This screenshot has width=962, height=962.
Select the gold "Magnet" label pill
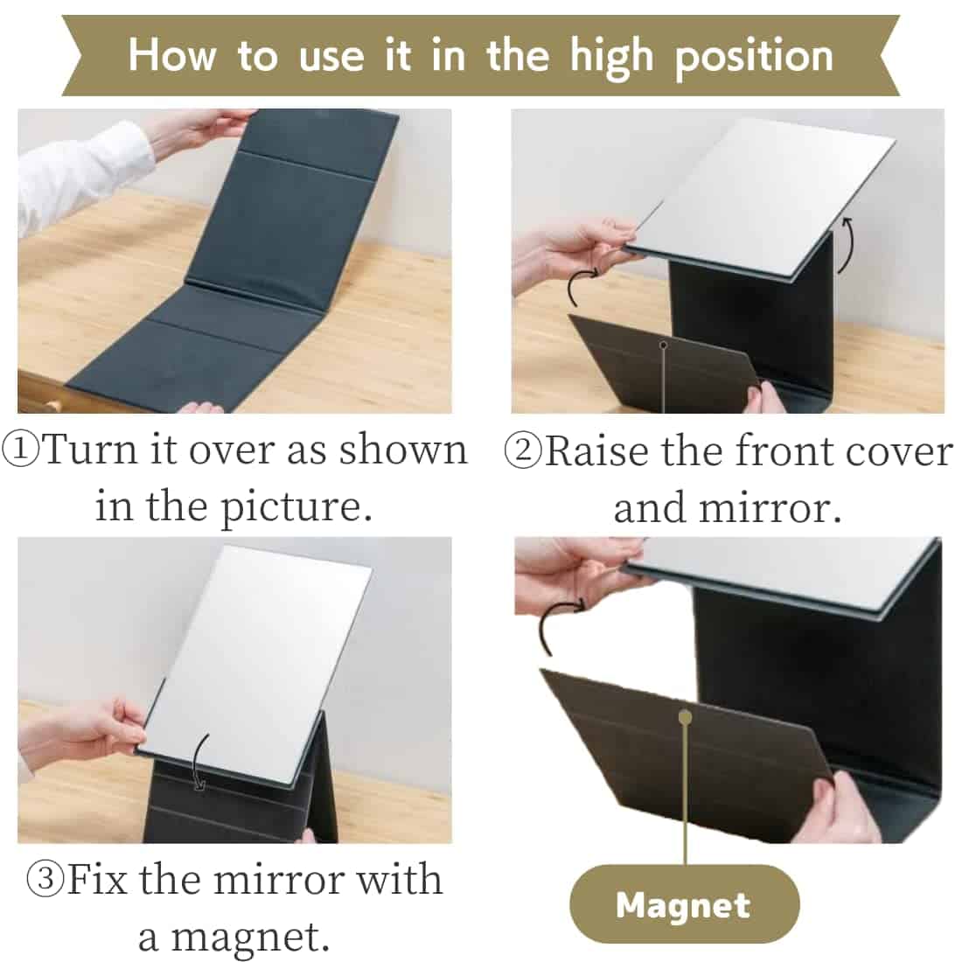pyautogui.click(x=684, y=904)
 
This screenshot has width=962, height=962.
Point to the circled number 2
pyautogui.click(x=523, y=451)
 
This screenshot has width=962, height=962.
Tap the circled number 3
pyautogui.click(x=45, y=879)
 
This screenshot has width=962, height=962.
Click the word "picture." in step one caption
pyautogui.click(x=296, y=508)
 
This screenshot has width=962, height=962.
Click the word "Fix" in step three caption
pyautogui.click(x=97, y=879)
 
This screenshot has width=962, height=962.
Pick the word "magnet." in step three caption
pyautogui.click(x=234, y=938)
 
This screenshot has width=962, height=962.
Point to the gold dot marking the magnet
pyautogui.click(x=686, y=717)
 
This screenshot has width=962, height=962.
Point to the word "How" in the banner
pyautogui.click(x=172, y=55)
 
